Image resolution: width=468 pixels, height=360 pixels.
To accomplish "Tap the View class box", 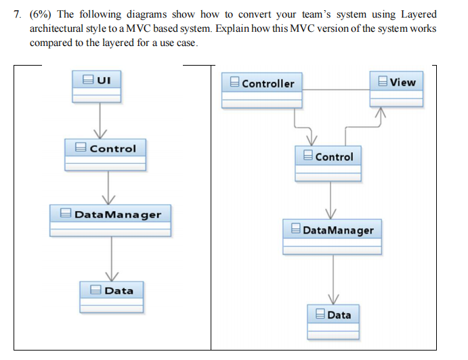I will pos(396,88).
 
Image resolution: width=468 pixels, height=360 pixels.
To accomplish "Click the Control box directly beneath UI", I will pos(105,155).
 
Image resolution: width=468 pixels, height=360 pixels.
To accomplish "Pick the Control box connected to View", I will pos(328,163).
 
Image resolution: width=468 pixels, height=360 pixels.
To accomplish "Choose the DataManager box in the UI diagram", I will pos(110,221).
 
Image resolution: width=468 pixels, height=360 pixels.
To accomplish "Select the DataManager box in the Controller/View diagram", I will pos(333,236).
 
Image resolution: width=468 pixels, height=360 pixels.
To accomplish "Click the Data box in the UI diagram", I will pos(112,297).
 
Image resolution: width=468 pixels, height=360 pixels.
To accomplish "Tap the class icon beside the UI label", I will pos(87,80).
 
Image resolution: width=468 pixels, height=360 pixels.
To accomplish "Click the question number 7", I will pos(16,14).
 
